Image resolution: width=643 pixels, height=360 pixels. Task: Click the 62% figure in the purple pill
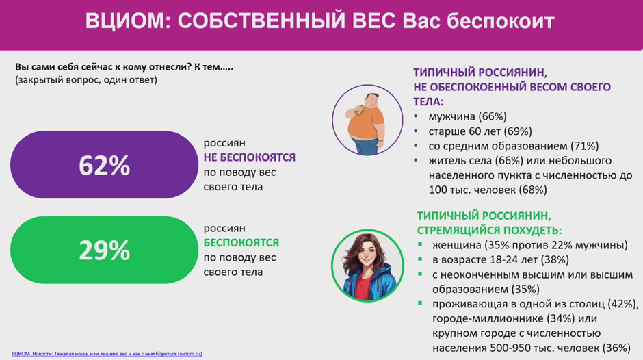pyautogui.click(x=104, y=166)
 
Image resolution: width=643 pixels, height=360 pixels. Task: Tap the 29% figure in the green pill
pyautogui.click(x=104, y=250)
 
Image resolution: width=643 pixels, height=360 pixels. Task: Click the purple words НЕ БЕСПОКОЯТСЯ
pyautogui.click(x=249, y=157)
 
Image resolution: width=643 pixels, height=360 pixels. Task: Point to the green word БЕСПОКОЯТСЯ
pyautogui.click(x=241, y=243)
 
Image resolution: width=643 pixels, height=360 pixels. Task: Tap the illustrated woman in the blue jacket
pyautogui.click(x=368, y=266)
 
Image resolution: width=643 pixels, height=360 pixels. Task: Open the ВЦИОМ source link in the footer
pyautogui.click(x=107, y=354)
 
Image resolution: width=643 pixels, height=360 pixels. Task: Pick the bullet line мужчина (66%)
pyautogui.click(x=467, y=117)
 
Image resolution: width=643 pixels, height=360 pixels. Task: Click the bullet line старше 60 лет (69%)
pyautogui.click(x=480, y=131)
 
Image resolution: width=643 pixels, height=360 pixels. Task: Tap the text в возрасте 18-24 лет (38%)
pyautogui.click(x=500, y=260)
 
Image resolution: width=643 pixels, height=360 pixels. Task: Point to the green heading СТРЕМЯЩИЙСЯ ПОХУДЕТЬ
pyautogui.click(x=489, y=230)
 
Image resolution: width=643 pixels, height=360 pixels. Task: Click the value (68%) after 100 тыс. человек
pyautogui.click(x=533, y=190)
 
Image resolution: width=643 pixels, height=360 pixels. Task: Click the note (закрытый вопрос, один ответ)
pyautogui.click(x=86, y=80)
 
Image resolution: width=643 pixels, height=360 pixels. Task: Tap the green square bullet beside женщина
pyautogui.click(x=420, y=244)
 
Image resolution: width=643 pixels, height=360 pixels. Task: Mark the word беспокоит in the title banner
pyautogui.click(x=500, y=21)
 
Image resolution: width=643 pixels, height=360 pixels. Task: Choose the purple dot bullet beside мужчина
pyautogui.click(x=416, y=116)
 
